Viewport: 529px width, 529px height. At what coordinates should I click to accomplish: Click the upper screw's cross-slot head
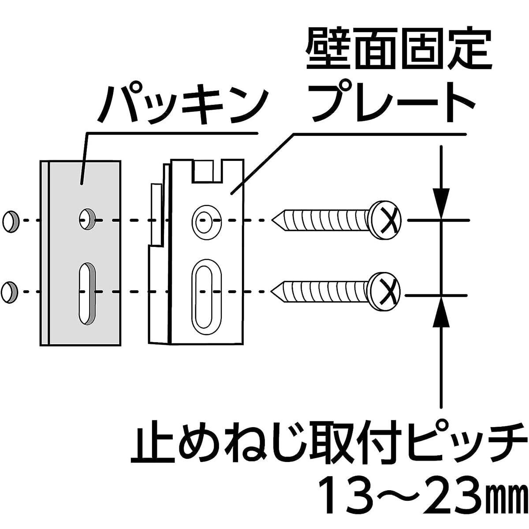click(385, 219)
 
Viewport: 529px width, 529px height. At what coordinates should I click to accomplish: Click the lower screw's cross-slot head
click(385, 291)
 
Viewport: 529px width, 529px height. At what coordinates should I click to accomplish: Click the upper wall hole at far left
click(11, 220)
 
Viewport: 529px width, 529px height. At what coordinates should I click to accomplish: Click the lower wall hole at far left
click(10, 291)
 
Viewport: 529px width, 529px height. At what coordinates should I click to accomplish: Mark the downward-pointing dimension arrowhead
click(441, 203)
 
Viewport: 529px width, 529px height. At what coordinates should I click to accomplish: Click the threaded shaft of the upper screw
click(326, 219)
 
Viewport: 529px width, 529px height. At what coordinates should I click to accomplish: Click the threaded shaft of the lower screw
click(326, 291)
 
